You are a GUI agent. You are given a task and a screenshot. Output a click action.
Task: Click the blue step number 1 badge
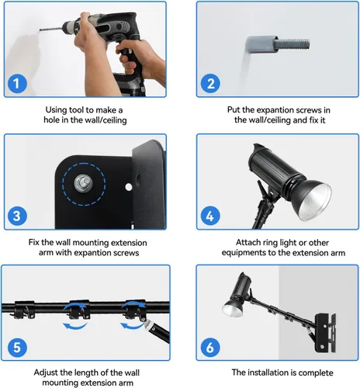coord(17,84)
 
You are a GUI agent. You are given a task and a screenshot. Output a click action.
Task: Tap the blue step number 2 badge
coord(210,84)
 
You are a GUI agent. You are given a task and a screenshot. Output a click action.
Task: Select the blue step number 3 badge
coord(17,216)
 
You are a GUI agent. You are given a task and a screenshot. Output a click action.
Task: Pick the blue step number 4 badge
coord(210,216)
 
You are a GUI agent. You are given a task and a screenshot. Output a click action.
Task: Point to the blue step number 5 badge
coord(17,348)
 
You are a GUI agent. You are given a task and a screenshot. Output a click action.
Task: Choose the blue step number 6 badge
coord(210,348)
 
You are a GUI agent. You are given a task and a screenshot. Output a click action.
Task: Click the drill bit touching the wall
coord(50,29)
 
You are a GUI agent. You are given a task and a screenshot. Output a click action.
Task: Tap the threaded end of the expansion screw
coord(292,44)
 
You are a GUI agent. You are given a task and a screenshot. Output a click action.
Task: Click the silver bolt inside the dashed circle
coord(83,183)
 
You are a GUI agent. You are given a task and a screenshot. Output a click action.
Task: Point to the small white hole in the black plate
coord(129,187)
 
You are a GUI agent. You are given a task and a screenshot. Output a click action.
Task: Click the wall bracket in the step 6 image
coord(325,333)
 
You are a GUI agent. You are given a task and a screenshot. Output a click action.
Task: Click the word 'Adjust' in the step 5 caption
coord(46,373)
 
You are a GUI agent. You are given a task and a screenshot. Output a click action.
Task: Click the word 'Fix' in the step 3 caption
coord(33,243)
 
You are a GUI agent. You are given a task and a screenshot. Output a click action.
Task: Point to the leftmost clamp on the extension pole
coord(24,310)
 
